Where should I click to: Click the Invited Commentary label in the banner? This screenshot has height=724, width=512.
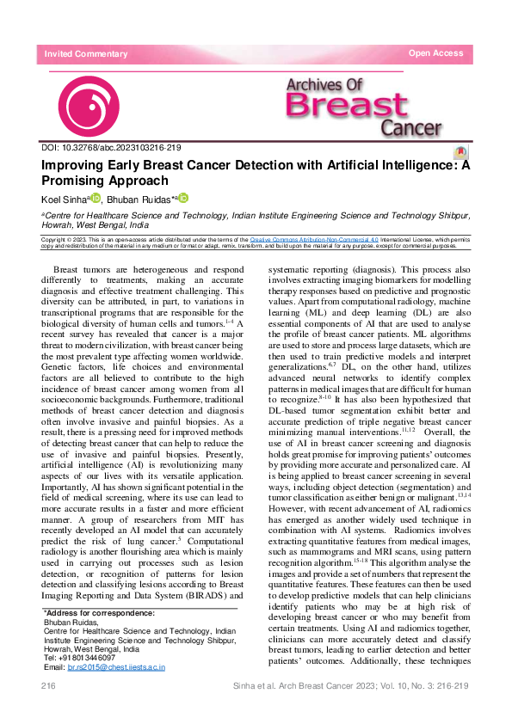[86, 54]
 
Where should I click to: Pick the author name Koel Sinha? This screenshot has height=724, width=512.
[64, 199]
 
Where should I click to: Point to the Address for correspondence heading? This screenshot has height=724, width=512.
[99, 613]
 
